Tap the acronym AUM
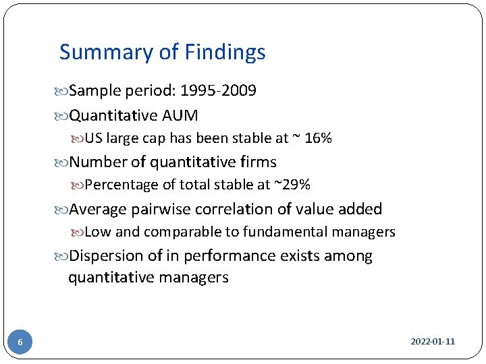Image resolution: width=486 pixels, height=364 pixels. coord(180,116)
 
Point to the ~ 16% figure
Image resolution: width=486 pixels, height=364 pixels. coord(311,139)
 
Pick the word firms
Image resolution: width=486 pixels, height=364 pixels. coord(257,162)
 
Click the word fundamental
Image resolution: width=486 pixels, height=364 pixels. coord(292,232)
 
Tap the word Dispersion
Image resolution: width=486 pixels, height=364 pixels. coord(104,256)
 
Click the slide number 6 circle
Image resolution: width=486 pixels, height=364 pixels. coord(20,342)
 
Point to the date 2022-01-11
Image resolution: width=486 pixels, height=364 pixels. coord(433,342)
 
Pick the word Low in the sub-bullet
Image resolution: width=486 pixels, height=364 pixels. coord(98,232)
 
